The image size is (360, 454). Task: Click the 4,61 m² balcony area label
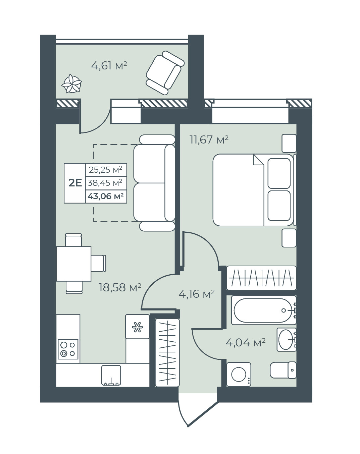coord(109,66)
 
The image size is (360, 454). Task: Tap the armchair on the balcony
coord(165,72)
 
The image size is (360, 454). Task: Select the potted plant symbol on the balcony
coord(71,84)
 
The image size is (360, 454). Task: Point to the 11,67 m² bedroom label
coord(209,140)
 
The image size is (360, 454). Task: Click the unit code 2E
coord(75,183)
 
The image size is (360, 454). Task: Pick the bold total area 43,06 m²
coord(106,196)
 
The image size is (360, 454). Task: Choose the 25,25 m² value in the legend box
coord(105,170)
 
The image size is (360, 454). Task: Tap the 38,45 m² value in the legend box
coord(105,183)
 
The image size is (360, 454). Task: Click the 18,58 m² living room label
coord(120,287)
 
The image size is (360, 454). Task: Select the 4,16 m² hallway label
coord(197,294)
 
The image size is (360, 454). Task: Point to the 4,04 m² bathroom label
coord(245,343)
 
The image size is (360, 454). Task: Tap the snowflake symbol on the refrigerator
coord(137,327)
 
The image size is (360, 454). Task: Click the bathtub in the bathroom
coord(264,310)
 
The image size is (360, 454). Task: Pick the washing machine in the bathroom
coord(239,375)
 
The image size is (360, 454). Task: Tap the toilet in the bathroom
coord(283,370)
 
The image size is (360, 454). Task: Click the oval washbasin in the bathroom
coord(287,339)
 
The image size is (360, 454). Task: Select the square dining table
coord(74,264)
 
